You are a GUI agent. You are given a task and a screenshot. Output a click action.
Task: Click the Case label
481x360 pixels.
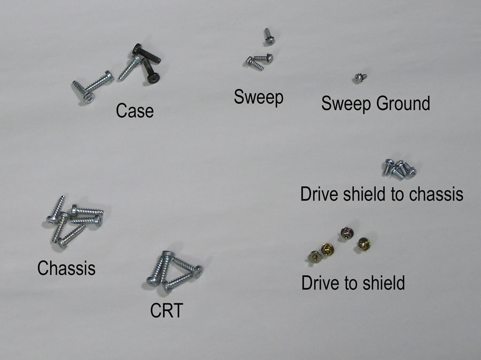pyautogui.click(x=135, y=111)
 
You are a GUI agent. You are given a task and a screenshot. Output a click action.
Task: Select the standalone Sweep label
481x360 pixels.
pyautogui.click(x=259, y=97)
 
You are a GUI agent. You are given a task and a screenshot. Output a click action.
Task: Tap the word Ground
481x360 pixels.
pyautogui.click(x=403, y=103)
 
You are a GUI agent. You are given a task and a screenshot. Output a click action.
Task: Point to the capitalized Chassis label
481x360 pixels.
pyautogui.click(x=66, y=267)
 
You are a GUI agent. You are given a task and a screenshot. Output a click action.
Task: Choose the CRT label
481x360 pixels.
pyautogui.click(x=167, y=310)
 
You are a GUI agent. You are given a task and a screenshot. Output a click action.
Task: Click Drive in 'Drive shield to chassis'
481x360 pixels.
pyautogui.click(x=320, y=194)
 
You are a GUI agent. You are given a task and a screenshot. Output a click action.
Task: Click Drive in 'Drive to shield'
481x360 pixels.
pyautogui.click(x=321, y=282)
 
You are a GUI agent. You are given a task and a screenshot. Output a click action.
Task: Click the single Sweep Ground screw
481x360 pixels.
pyautogui.click(x=360, y=78)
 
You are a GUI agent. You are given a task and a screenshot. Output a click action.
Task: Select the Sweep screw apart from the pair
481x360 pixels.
pyautogui.click(x=269, y=36)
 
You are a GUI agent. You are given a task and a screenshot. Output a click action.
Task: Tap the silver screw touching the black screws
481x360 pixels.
pyautogui.click(x=130, y=67)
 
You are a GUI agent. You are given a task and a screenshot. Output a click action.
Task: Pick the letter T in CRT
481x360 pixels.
pyautogui.click(x=177, y=310)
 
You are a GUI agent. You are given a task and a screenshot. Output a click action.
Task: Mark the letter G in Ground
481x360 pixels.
pyautogui.click(x=382, y=103)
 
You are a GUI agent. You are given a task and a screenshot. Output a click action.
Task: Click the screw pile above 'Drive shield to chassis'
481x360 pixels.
pyautogui.click(x=399, y=169)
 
